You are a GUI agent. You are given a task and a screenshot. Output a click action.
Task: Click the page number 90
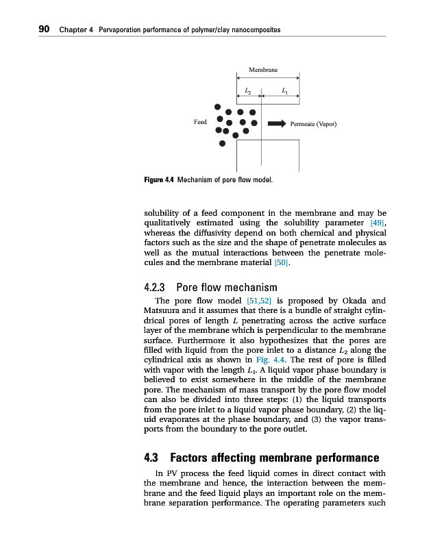click(43, 29)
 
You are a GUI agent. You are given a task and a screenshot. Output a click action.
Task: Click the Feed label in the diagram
click(200, 122)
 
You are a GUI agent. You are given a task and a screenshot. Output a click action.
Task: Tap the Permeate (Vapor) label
click(313, 125)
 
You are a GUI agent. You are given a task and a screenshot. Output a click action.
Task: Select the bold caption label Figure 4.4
click(159, 181)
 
